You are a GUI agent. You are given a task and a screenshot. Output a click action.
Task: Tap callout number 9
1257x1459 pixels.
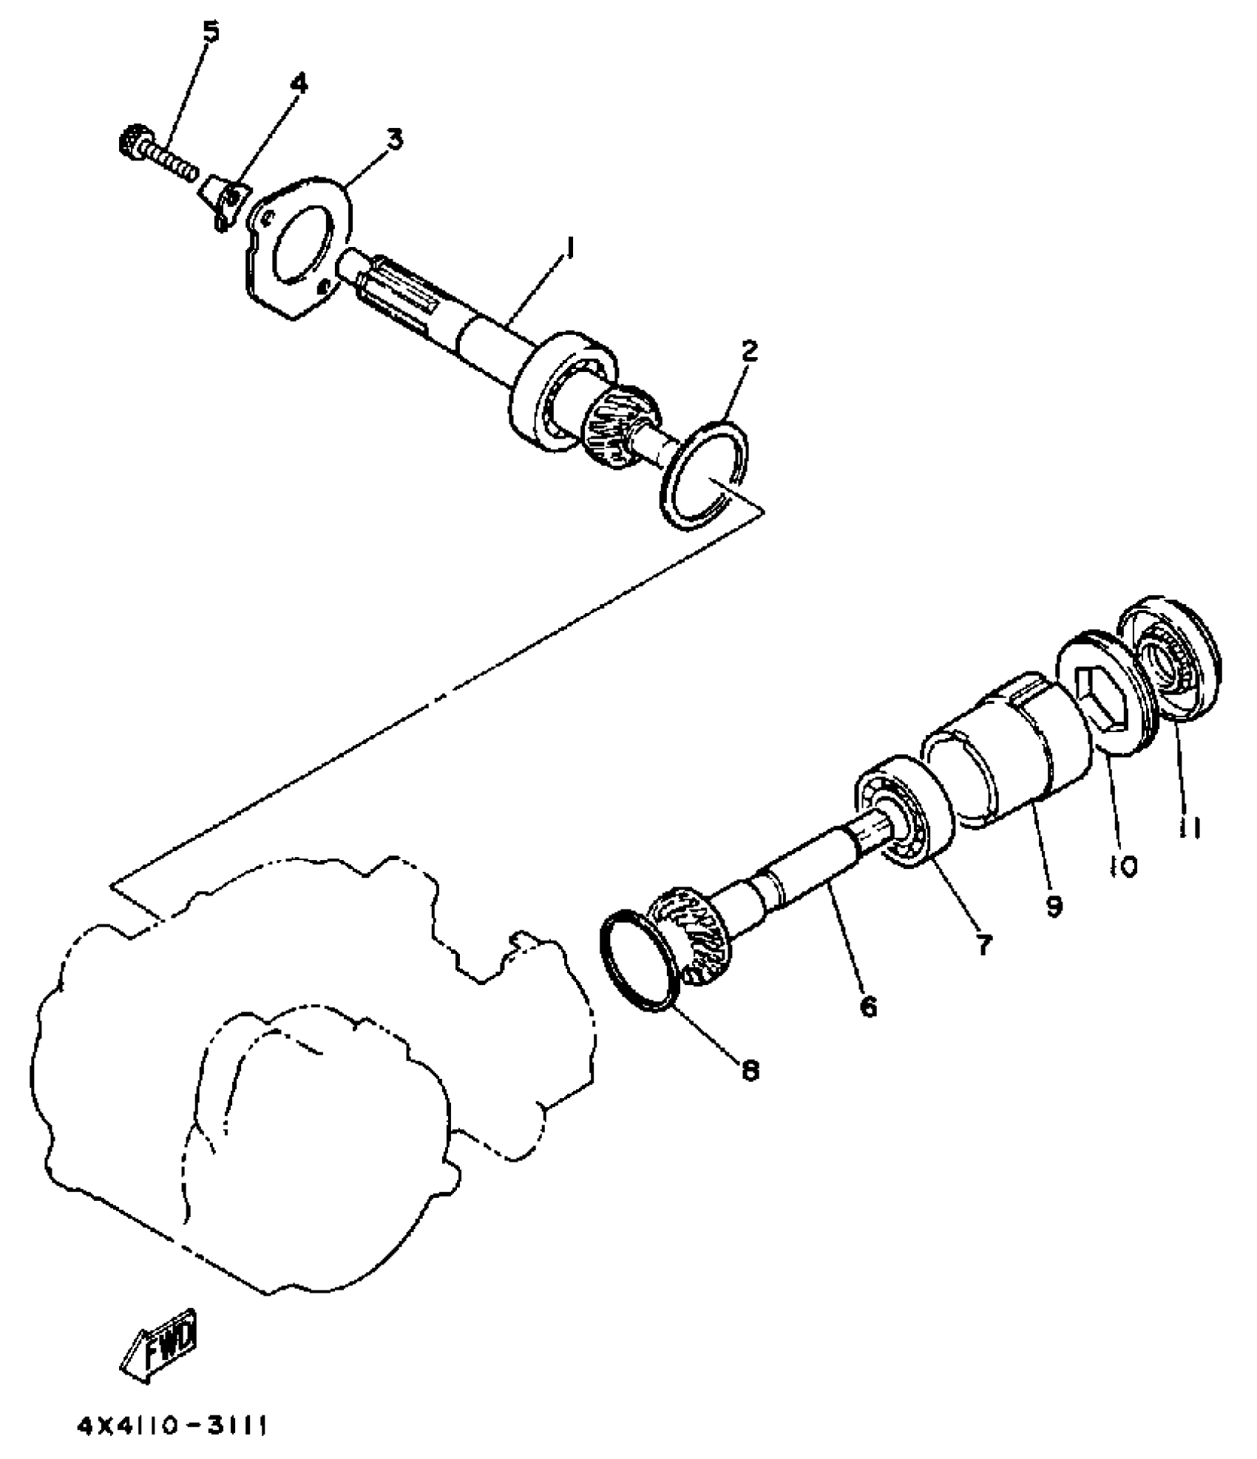1054,904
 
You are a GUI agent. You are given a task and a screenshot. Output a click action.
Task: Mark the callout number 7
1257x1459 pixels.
983,944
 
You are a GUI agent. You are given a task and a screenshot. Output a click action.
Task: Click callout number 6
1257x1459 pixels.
867,1006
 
